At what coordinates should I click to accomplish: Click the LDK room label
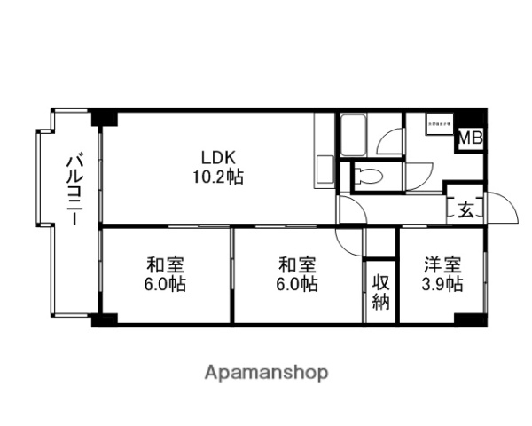point(217,158)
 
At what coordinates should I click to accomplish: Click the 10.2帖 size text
point(217,177)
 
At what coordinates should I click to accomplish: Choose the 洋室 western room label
point(441,264)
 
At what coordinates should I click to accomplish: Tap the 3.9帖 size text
point(441,284)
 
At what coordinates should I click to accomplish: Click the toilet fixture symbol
point(372,175)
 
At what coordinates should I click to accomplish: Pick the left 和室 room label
point(165,264)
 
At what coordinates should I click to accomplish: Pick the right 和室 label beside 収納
point(297,264)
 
